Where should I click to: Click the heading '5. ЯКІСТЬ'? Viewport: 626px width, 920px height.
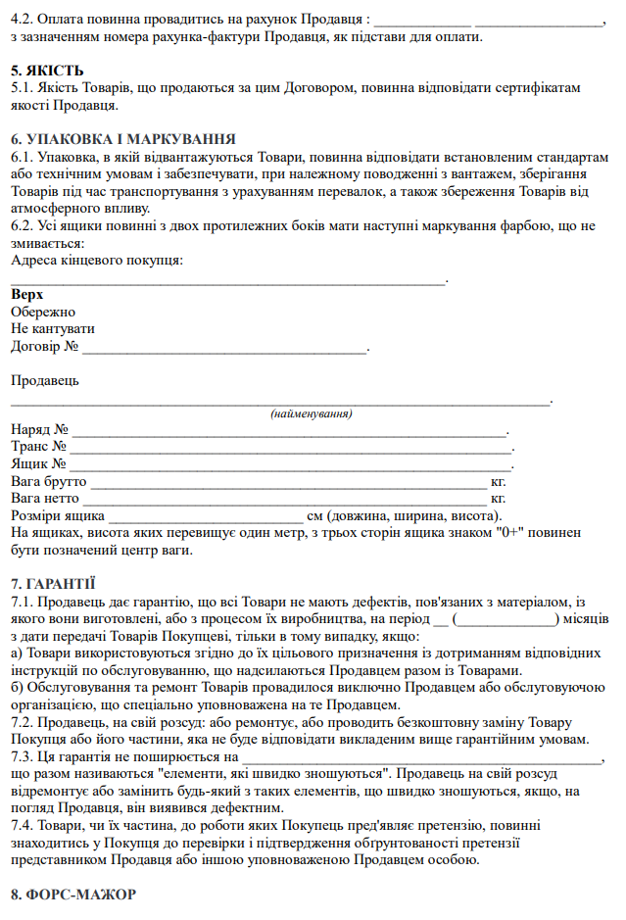(47, 71)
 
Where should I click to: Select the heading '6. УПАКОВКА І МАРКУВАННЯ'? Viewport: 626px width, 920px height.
(121, 139)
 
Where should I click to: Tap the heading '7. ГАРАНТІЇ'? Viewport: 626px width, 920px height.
(53, 583)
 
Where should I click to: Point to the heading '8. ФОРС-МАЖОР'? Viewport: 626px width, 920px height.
(72, 895)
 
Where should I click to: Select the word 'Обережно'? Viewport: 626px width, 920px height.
(43, 312)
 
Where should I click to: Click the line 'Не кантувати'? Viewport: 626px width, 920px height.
(53, 329)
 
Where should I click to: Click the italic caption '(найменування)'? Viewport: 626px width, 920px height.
(312, 414)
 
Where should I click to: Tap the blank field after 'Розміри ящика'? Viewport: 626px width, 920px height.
(206, 517)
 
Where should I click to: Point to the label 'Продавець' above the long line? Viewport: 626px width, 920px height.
(45, 380)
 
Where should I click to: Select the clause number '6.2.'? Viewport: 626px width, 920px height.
(24, 225)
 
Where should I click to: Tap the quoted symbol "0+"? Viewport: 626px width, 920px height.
(511, 534)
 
